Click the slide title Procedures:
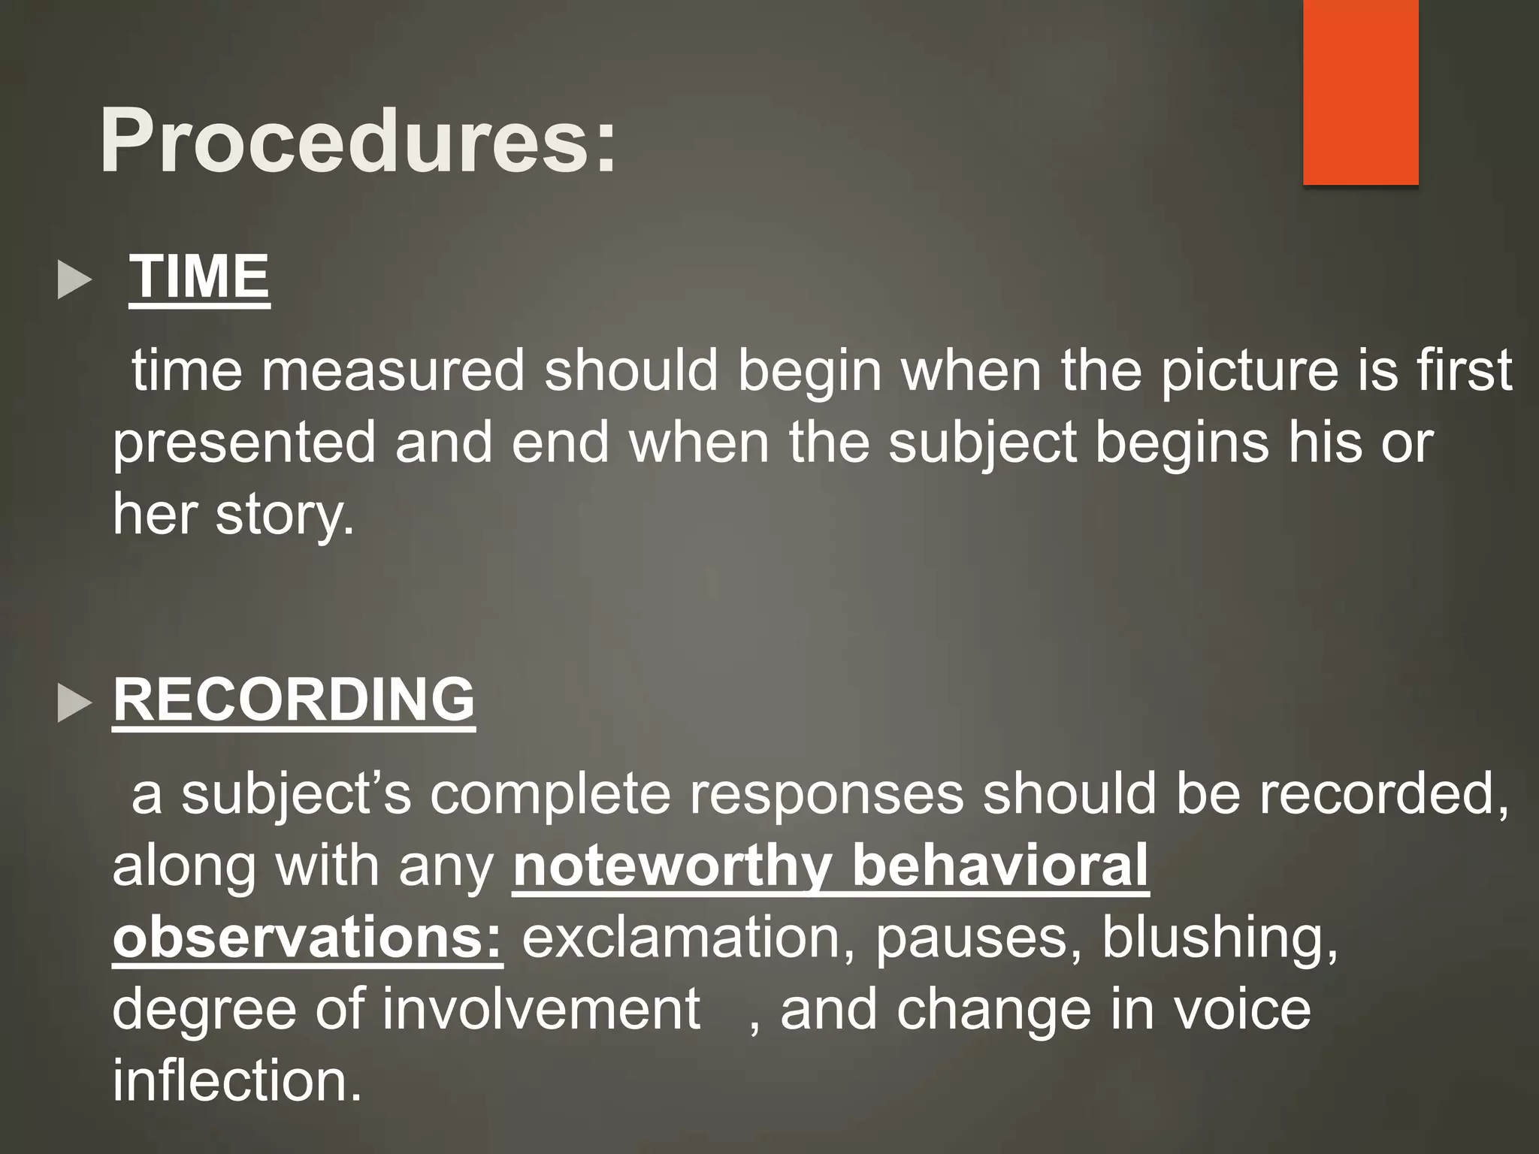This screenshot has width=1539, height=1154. point(358,141)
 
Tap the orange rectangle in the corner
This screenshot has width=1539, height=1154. point(1360,92)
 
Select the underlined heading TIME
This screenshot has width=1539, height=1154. point(199,276)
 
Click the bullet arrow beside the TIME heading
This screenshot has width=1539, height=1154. point(74,281)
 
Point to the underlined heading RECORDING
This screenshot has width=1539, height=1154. point(294,699)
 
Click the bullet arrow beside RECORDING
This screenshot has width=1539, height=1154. point(74,705)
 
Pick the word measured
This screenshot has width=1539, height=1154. point(392,370)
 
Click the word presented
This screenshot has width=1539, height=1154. point(243,443)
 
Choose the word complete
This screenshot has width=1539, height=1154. point(549,794)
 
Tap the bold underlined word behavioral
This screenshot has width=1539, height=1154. point(1000,865)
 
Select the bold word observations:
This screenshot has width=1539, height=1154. point(307,938)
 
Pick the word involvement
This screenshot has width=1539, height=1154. point(541,1009)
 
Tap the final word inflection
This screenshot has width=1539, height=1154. point(237,1080)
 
